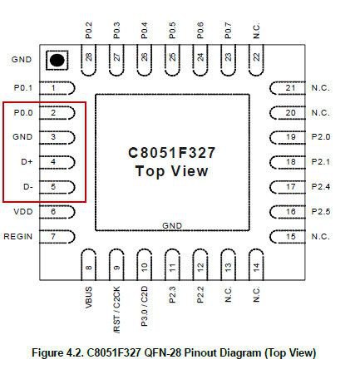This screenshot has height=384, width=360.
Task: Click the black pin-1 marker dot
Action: pyautogui.click(x=57, y=60)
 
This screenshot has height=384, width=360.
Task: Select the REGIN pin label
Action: pyautogui.click(x=18, y=237)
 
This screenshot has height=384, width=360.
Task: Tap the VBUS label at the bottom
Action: pyautogui.click(x=88, y=298)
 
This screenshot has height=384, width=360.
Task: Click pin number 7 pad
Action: pyautogui.click(x=57, y=237)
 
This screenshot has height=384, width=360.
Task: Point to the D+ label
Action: pyautogui.click(x=27, y=161)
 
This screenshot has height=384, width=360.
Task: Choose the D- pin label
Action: pyautogui.click(x=28, y=187)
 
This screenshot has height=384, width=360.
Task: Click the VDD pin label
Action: pyautogui.click(x=23, y=212)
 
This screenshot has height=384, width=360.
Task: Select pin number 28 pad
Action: pyautogui.click(x=88, y=60)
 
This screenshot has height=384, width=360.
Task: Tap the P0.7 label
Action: pyautogui.click(x=228, y=31)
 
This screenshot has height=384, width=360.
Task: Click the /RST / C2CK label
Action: pyautogui.click(x=117, y=310)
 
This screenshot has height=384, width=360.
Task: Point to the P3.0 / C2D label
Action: pyautogui.click(x=145, y=307)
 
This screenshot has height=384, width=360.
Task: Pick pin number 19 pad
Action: pyautogui.click(x=288, y=137)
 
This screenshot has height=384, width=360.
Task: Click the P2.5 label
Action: pyautogui.click(x=321, y=212)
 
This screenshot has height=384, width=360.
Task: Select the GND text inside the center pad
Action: pyautogui.click(x=172, y=226)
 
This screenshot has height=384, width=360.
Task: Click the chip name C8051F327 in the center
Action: pyautogui.click(x=172, y=153)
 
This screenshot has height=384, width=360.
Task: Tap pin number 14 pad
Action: pyautogui.click(x=256, y=265)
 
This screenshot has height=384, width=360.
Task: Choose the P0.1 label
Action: pyautogui.click(x=23, y=88)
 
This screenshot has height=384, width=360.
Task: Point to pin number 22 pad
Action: pyautogui.click(x=256, y=60)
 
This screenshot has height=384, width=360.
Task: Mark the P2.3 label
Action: pyautogui.click(x=172, y=295)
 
